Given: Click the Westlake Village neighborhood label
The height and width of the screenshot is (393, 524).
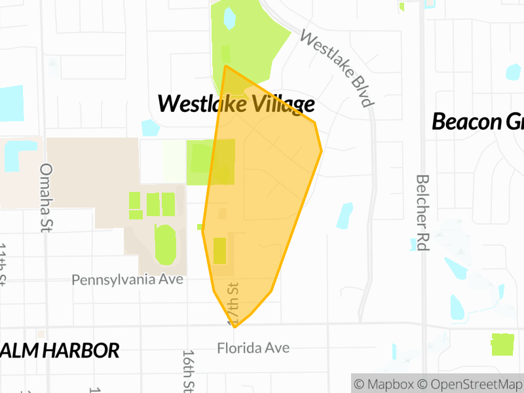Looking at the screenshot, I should (x=236, y=103).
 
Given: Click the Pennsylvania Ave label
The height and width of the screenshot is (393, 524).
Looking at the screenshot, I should (x=128, y=280).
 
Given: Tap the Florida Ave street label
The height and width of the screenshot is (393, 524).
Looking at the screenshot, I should (x=253, y=348).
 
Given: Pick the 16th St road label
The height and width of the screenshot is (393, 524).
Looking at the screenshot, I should (x=189, y=370).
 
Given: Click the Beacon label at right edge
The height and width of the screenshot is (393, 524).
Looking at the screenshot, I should (x=477, y=121).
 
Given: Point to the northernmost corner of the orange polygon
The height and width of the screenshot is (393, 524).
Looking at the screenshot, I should (x=225, y=66).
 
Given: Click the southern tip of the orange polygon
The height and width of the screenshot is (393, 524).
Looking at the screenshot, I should (x=234, y=326).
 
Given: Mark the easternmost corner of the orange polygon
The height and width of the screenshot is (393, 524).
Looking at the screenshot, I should (x=322, y=151).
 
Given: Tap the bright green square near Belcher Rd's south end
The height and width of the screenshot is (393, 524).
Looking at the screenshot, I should (x=502, y=345).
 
